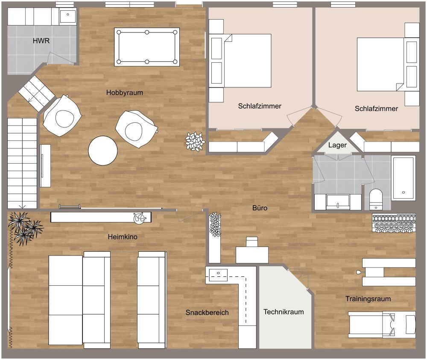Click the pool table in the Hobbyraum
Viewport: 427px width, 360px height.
[x=147, y=46]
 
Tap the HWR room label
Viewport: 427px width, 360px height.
[x=41, y=41]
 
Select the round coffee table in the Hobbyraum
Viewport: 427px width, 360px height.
[x=103, y=151]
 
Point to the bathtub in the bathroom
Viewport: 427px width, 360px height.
[x=403, y=178]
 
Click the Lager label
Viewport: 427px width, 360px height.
[x=337, y=145]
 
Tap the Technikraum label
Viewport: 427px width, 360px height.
[x=284, y=312]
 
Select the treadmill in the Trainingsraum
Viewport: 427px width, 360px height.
[x=382, y=323]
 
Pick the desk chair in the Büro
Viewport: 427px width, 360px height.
[x=252, y=242]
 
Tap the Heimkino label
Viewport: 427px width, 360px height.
[x=123, y=237]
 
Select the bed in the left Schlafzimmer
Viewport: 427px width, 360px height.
[x=247, y=61]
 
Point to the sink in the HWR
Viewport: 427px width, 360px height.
[x=67, y=17]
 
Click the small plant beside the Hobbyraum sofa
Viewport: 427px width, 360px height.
[x=195, y=141]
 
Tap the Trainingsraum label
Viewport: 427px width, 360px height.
[x=368, y=299]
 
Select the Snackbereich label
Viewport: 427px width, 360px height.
[x=207, y=313]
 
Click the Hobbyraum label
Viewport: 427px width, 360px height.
[x=125, y=92]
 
